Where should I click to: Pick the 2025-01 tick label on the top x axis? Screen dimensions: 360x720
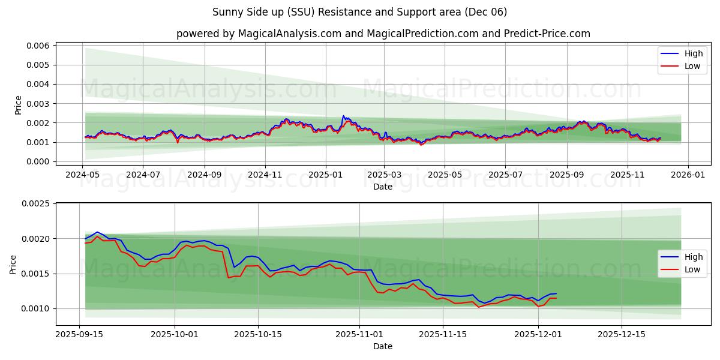(325, 175)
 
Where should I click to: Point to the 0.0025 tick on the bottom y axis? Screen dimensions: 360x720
(37, 204)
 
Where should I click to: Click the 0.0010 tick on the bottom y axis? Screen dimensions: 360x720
(37, 308)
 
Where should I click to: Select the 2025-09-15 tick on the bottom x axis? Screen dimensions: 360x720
(79, 334)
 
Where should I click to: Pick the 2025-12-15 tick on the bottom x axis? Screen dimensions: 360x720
(621, 334)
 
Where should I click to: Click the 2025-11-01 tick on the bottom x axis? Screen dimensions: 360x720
(359, 334)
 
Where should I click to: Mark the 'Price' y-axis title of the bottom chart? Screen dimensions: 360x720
(13, 264)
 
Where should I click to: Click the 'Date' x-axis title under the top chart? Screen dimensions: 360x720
(383, 187)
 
